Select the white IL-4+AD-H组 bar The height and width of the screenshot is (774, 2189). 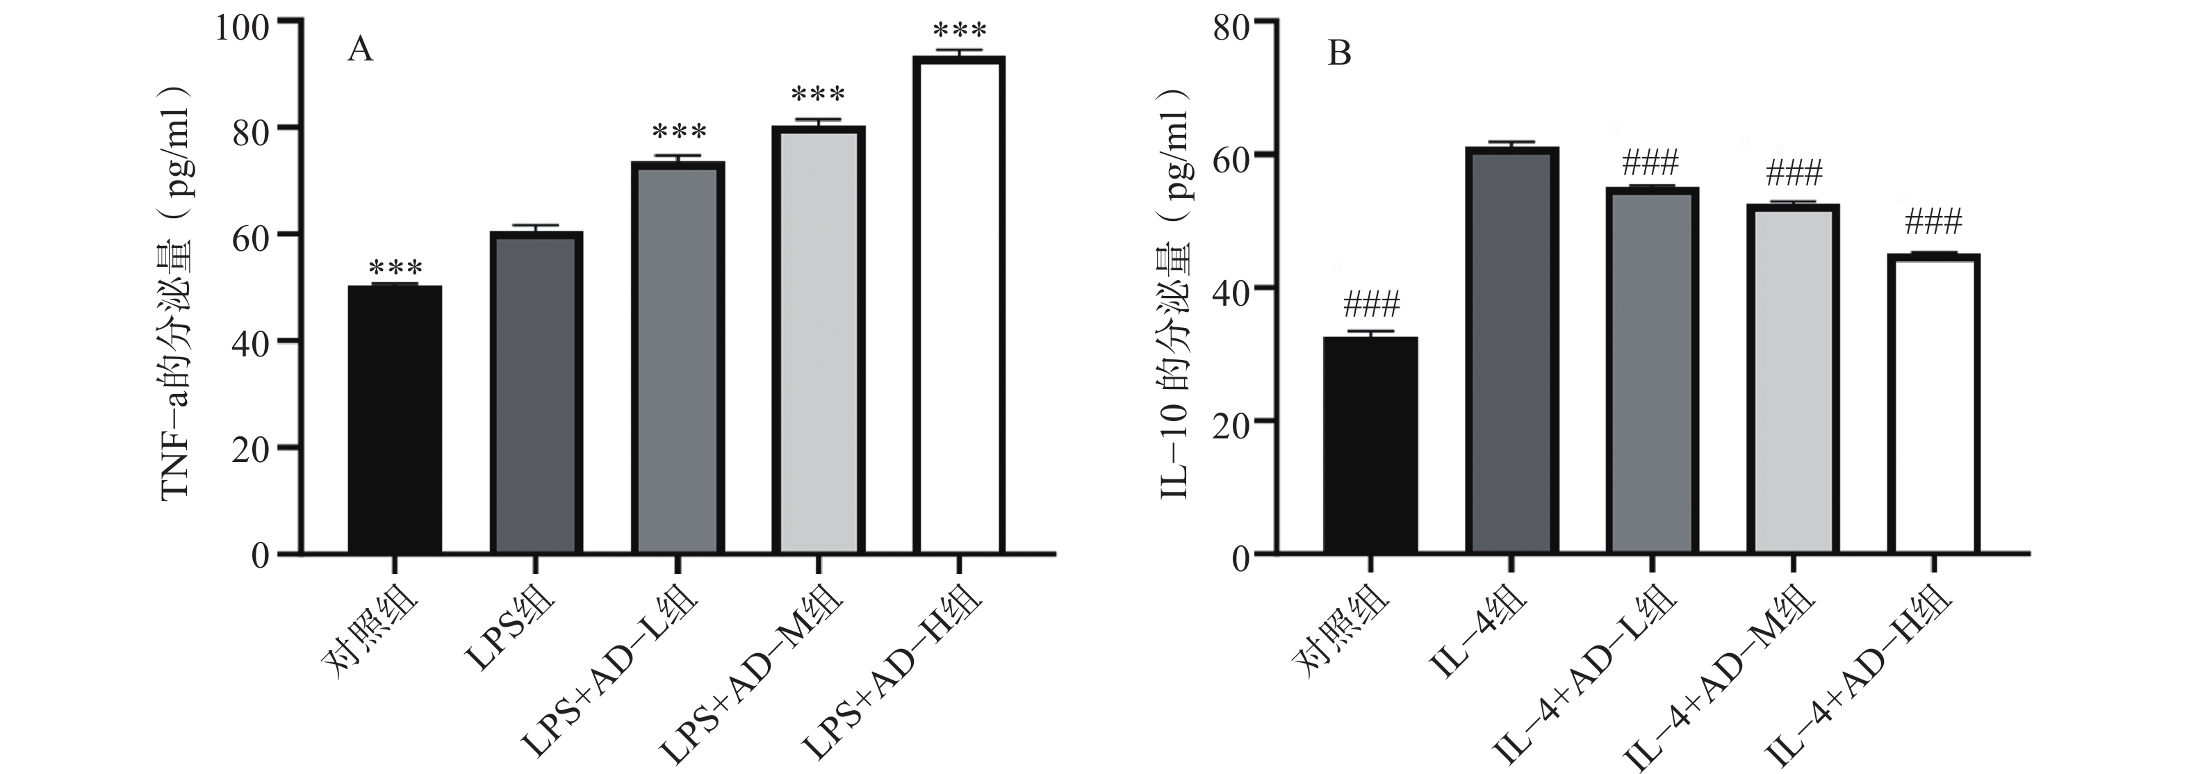(x=1933, y=404)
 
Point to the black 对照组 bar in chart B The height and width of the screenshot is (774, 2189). (x=1370, y=445)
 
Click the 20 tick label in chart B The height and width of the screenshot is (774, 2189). (x=1233, y=422)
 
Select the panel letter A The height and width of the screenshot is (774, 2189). (x=360, y=51)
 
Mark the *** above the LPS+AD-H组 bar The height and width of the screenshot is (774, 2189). (x=960, y=31)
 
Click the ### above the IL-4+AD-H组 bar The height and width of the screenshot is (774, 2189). (x=1933, y=222)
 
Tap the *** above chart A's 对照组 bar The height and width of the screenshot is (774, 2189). (x=395, y=267)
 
